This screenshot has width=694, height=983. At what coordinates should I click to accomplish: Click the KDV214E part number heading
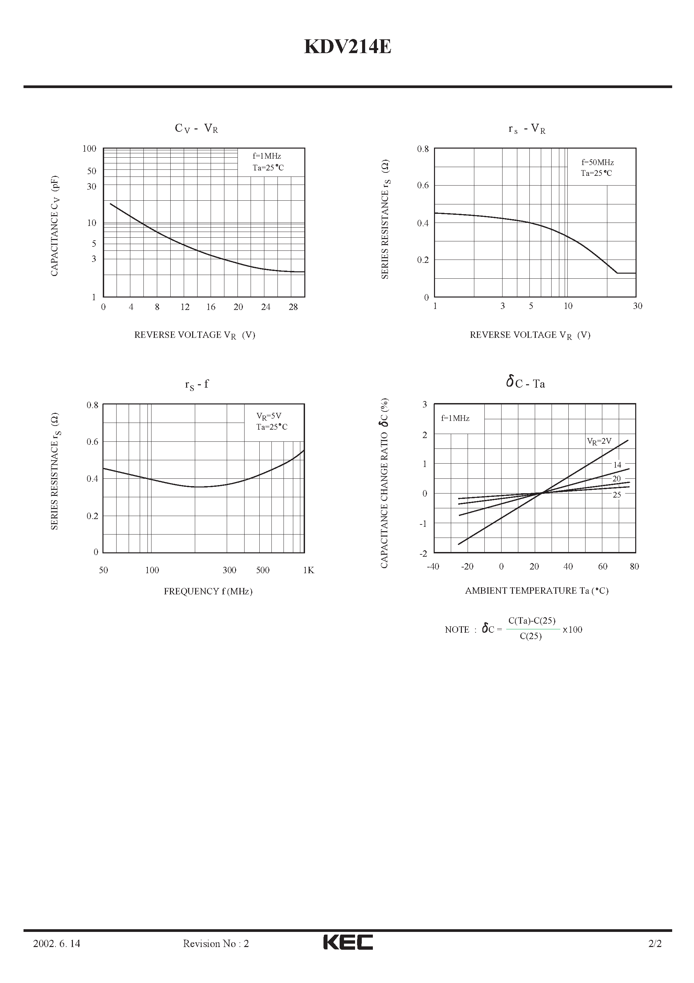pyautogui.click(x=347, y=47)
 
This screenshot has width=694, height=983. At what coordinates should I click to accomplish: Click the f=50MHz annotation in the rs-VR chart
pyautogui.click(x=597, y=163)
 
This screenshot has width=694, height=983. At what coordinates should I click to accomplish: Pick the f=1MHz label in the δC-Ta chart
pyautogui.click(x=455, y=418)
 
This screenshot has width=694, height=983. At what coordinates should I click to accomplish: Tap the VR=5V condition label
pyautogui.click(x=269, y=416)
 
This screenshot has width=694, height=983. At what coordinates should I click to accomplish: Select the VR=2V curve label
pyautogui.click(x=599, y=441)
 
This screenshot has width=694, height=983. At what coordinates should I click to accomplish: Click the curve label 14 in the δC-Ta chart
pyautogui.click(x=617, y=465)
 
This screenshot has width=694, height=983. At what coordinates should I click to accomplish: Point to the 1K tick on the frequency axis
pyautogui.click(x=308, y=570)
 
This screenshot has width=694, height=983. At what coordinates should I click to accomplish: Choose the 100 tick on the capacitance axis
pyautogui.click(x=89, y=149)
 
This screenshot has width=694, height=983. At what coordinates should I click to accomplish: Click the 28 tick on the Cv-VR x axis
pyautogui.click(x=293, y=307)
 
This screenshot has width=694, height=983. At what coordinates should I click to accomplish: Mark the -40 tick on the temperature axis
pyautogui.click(x=433, y=566)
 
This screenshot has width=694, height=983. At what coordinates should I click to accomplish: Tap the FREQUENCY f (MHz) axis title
pyautogui.click(x=208, y=591)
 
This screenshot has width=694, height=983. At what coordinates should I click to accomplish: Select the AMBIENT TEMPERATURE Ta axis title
pyautogui.click(x=536, y=591)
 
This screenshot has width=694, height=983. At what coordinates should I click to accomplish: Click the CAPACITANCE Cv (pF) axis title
pyautogui.click(x=55, y=226)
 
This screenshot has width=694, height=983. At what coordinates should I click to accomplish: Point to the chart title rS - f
pyautogui.click(x=197, y=385)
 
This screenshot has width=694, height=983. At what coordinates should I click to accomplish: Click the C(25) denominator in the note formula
pyautogui.click(x=530, y=636)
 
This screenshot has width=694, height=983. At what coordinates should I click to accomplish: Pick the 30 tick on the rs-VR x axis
pyautogui.click(x=638, y=306)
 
